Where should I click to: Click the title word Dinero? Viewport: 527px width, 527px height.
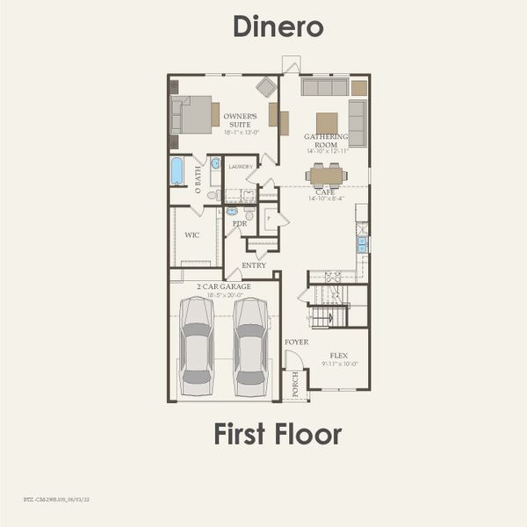click(278, 26)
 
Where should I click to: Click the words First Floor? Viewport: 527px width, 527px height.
click(278, 433)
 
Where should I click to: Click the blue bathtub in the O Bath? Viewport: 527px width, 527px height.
click(177, 170)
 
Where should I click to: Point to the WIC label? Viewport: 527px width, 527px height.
click(193, 235)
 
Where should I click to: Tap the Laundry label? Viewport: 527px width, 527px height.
click(240, 166)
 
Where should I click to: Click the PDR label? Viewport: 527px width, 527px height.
click(239, 223)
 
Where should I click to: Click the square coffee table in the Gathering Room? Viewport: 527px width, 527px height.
click(327, 122)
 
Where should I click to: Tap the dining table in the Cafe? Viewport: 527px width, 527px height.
click(327, 176)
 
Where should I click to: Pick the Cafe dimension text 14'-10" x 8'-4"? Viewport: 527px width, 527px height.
click(327, 199)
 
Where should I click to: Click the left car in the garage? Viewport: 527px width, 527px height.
click(196, 347)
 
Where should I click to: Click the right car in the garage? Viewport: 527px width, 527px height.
click(250, 347)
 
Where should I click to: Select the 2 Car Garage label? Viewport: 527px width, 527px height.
click(223, 286)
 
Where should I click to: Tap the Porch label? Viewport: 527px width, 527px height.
click(295, 386)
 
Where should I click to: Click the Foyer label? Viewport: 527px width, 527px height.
click(296, 341)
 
